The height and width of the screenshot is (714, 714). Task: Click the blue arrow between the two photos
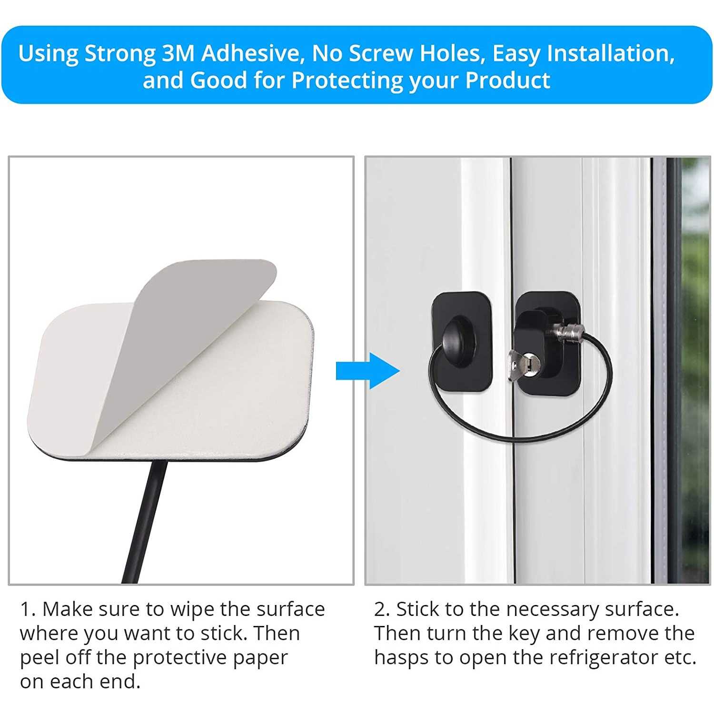point(367,371)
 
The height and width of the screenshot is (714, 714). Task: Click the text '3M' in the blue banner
point(178,53)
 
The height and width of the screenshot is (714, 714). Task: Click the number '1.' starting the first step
point(28,609)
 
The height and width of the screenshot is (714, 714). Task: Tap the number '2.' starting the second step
point(382,609)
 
